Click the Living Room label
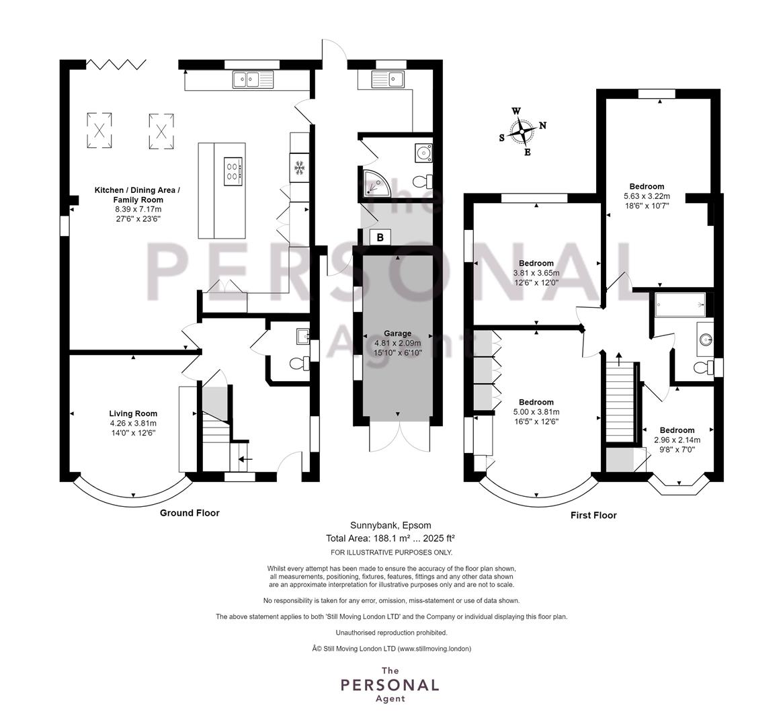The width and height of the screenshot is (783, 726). coord(133,413)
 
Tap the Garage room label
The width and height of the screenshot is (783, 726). coord(397,333)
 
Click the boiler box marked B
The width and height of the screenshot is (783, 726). coord(380,238)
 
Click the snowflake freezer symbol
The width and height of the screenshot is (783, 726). coord(300,168)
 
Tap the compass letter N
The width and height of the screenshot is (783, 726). coord(543,125)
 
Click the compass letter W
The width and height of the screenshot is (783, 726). coord(516,112)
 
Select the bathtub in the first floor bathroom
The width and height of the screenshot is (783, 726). coord(680,305)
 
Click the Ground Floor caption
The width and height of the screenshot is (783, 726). coord(190,513)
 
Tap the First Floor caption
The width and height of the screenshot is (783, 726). coord(593,516)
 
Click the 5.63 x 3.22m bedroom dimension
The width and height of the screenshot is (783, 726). coord(647,196)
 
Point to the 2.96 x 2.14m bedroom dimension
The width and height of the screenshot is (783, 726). coord(677,440)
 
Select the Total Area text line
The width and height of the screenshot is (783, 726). coord(390,538)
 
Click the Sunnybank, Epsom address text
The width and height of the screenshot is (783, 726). coord(390,525)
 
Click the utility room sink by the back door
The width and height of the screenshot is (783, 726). coord(388,79)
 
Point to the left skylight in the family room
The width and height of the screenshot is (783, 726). coord(99,131)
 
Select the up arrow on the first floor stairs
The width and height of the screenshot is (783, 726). coord(619,359)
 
